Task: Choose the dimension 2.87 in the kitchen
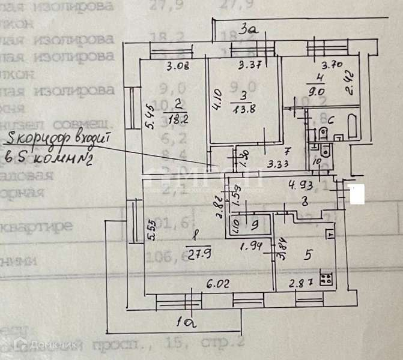coord(298,281)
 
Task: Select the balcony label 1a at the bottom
coord(188,322)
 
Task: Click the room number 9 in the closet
coord(255,226)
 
